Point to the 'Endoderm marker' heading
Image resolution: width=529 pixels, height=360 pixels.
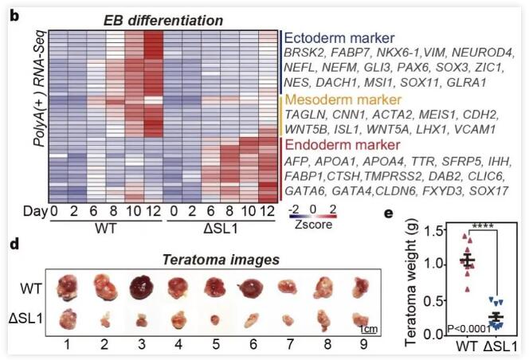pyautogui.click(x=344, y=146)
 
